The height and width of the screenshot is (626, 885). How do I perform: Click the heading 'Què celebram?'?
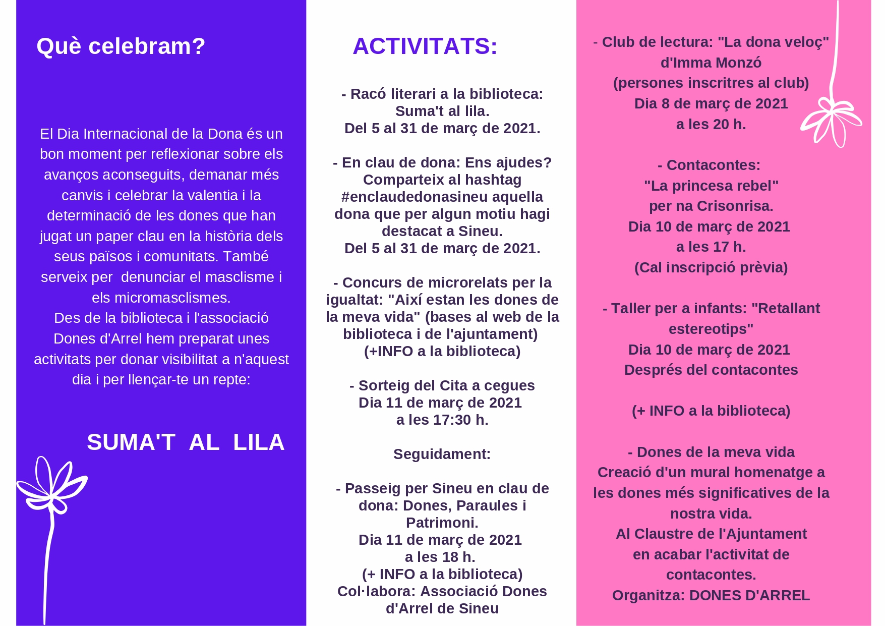click(121, 46)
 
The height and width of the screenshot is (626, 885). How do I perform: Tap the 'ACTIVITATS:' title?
click(425, 46)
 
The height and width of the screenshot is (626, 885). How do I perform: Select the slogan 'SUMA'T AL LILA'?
click(186, 442)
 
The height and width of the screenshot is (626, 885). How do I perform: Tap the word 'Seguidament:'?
click(442, 454)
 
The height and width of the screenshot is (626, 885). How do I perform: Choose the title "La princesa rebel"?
click(711, 186)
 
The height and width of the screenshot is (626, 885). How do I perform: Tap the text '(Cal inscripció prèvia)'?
click(711, 267)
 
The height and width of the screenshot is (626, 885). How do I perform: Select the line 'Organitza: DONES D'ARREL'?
click(711, 595)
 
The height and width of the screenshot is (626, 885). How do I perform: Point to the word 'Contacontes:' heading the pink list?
click(713, 165)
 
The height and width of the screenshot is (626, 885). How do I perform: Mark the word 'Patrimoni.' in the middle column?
click(442, 523)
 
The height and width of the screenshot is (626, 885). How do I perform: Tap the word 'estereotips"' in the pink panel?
click(711, 329)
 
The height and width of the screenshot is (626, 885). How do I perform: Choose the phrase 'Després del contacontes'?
click(711, 370)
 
